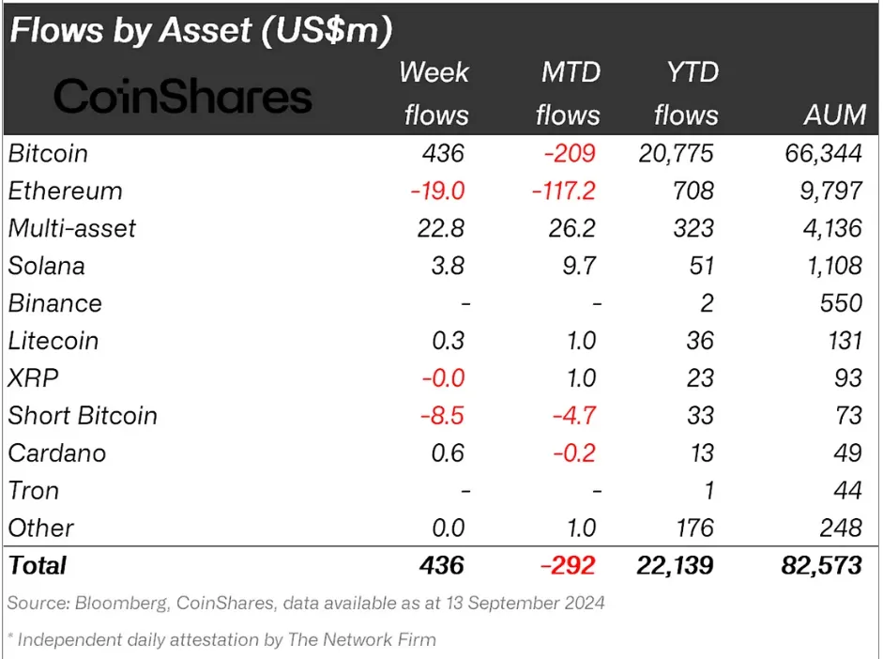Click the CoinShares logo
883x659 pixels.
tap(182, 96)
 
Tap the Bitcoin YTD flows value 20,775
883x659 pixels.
tap(676, 153)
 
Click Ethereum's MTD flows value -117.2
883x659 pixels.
tap(558, 191)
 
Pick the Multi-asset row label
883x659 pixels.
tap(72, 228)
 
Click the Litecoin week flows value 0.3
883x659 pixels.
tap(446, 341)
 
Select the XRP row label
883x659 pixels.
tap(34, 378)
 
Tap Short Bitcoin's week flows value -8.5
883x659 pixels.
tap(437, 416)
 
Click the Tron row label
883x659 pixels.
tap(34, 491)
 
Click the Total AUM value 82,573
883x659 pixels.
tap(817, 565)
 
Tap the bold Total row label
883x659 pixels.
tap(38, 565)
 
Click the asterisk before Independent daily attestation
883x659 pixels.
tap(10, 638)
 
